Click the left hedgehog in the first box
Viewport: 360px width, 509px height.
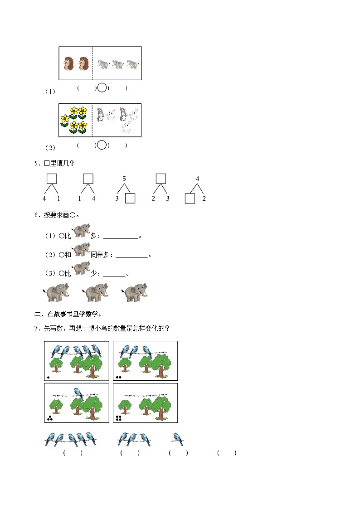(x=68, y=63)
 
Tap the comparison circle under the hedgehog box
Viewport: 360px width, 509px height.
(x=102, y=87)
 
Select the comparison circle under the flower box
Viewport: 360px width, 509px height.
(x=102, y=145)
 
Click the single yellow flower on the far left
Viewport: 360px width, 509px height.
(x=65, y=120)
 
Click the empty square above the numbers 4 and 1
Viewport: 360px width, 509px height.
(x=52, y=179)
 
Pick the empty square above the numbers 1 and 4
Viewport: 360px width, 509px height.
(x=88, y=179)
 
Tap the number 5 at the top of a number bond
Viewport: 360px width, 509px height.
(x=124, y=179)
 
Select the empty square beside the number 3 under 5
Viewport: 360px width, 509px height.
(x=130, y=199)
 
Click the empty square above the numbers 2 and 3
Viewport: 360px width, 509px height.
(x=161, y=179)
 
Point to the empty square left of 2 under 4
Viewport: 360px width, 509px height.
(x=190, y=199)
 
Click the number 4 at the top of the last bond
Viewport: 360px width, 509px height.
(x=197, y=179)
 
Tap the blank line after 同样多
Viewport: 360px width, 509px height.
(x=132, y=257)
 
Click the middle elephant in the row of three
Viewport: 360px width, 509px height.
(x=95, y=292)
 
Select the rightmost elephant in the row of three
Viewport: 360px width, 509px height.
(x=135, y=292)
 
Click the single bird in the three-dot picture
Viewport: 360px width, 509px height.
(x=78, y=393)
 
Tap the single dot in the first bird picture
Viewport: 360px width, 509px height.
(x=49, y=377)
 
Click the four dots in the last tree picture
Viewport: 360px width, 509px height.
(x=118, y=418)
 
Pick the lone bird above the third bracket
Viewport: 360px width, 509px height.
(x=177, y=439)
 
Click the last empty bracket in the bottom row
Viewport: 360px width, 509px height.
(x=227, y=453)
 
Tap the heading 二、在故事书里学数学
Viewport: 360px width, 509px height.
(x=68, y=314)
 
